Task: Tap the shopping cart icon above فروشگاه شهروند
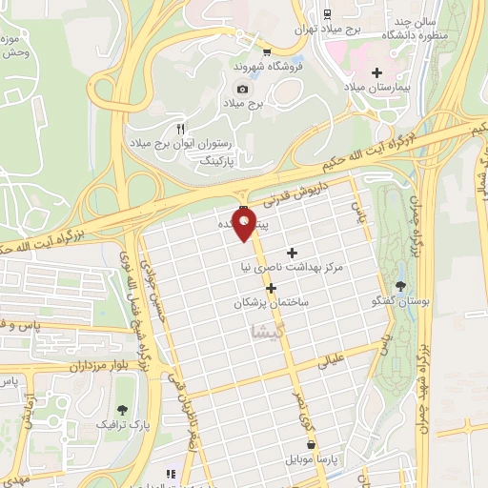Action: [x=267, y=52]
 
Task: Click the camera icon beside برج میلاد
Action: [x=242, y=89]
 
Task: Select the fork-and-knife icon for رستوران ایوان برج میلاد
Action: [x=180, y=127]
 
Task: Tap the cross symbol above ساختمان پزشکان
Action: [x=272, y=287]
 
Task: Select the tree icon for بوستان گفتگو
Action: [x=398, y=285]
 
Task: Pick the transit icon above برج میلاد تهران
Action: [x=327, y=13]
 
